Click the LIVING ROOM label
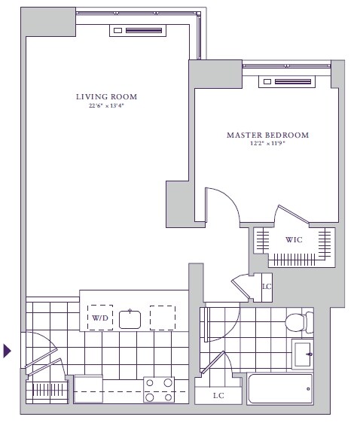pyautogui.click(x=107, y=97)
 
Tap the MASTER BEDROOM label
pyautogui.click(x=268, y=135)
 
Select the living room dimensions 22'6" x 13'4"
pyautogui.click(x=106, y=106)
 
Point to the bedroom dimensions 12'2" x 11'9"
pyautogui.click(x=267, y=144)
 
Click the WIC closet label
pyautogui.click(x=294, y=239)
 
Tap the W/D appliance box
pyautogui.click(x=100, y=318)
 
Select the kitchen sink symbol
pyautogui.click(x=130, y=319)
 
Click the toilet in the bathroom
pyautogui.click(x=299, y=323)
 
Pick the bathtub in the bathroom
pyautogui.click(x=280, y=389)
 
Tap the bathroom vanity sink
pyautogui.click(x=303, y=354)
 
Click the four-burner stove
pyautogui.click(x=159, y=390)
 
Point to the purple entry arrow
pyautogui.click(x=7, y=351)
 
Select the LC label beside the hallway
pyautogui.click(x=267, y=287)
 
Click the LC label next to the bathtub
pyautogui.click(x=218, y=396)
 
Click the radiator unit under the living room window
pyautogui.click(x=138, y=30)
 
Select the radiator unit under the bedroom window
pyautogui.click(x=287, y=81)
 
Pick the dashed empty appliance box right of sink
pyautogui.click(x=163, y=318)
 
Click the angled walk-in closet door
pyautogui.click(x=293, y=214)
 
